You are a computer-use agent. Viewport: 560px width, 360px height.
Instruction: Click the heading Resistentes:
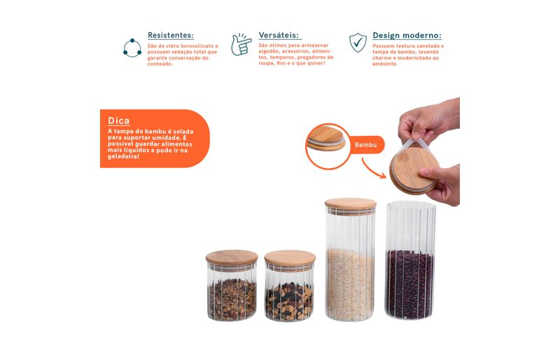click(x=171, y=36)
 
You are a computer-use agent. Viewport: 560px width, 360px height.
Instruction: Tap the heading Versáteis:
click(x=279, y=36)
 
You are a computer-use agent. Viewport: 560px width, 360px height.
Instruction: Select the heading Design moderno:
click(x=407, y=36)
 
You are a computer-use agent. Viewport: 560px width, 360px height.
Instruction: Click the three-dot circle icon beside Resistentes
click(x=132, y=48)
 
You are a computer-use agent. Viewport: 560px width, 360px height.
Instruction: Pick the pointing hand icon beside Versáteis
click(x=241, y=45)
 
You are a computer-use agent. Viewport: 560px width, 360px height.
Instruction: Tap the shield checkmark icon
click(x=358, y=43)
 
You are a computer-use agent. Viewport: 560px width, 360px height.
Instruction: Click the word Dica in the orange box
click(x=118, y=121)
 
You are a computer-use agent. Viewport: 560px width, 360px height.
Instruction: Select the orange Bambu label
click(x=365, y=145)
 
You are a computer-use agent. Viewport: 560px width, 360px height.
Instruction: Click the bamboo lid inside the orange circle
click(x=326, y=139)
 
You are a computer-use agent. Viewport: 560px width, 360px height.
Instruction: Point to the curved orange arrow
click(x=372, y=169)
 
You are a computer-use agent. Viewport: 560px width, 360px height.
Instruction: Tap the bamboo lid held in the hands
click(x=414, y=169)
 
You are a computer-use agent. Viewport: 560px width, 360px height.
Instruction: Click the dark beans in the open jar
click(x=410, y=284)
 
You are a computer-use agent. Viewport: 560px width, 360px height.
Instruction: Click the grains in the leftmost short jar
click(x=232, y=300)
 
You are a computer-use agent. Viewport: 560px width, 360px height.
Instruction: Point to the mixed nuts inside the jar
click(x=289, y=301)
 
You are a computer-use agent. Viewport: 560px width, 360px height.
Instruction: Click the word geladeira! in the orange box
click(x=123, y=157)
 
